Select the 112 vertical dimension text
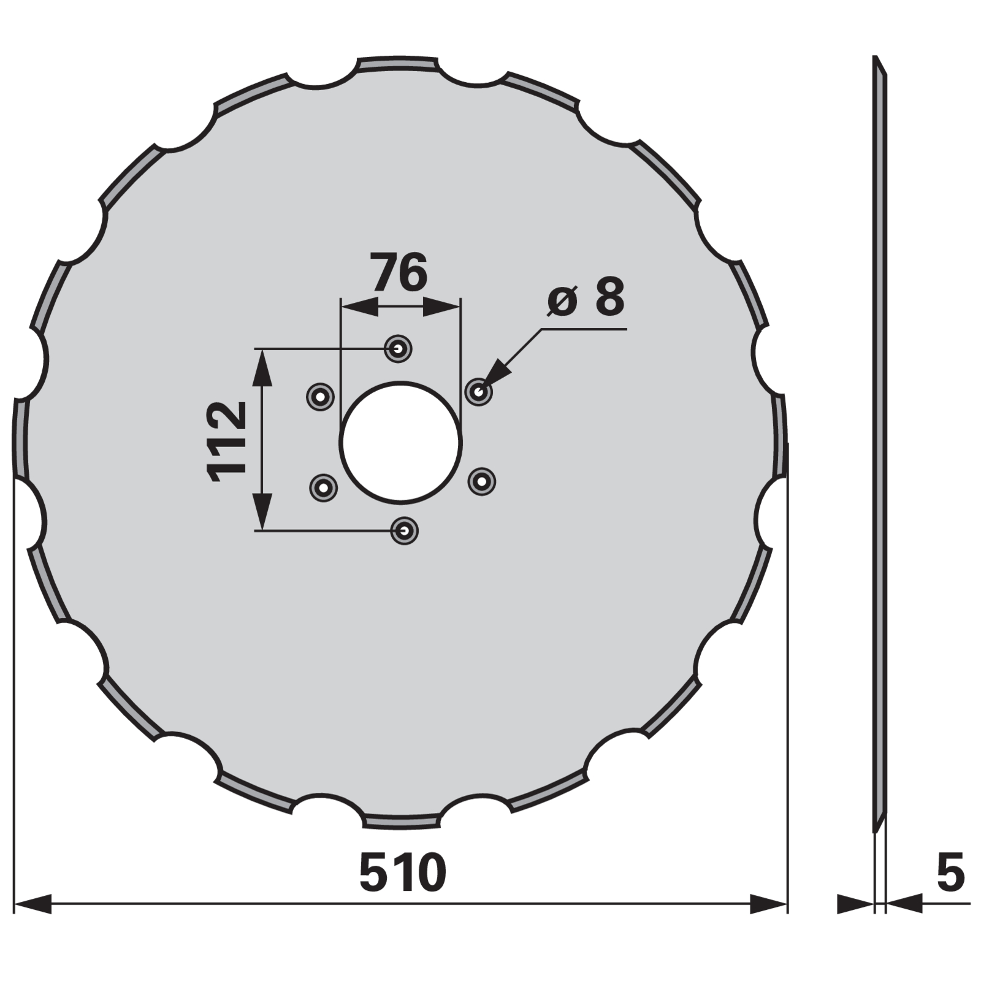(227, 441)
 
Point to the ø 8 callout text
(586, 297)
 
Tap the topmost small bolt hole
(398, 349)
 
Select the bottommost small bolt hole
(404, 530)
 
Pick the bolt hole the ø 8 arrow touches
(479, 391)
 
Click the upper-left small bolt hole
(320, 397)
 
